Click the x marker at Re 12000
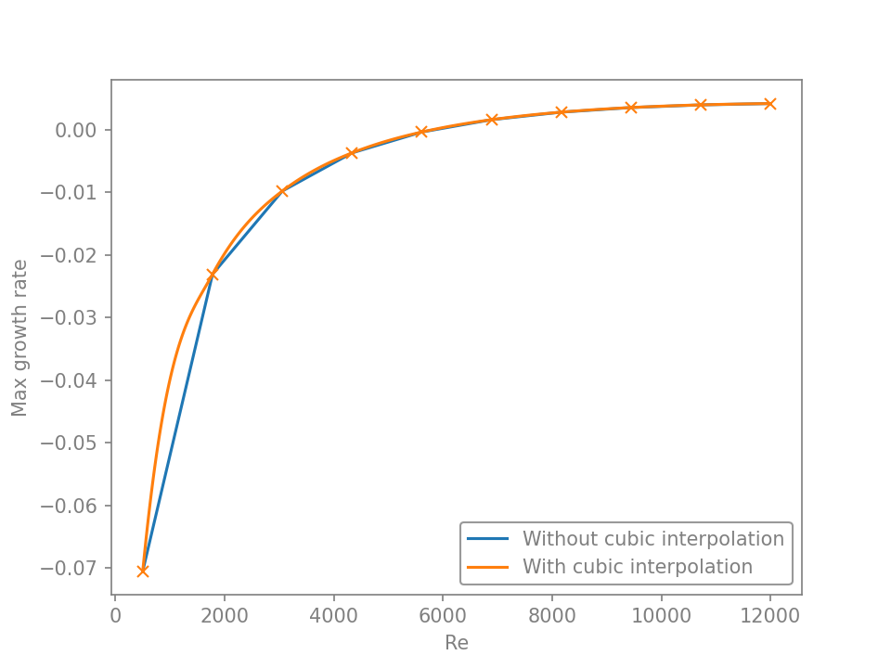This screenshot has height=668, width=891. tap(770, 104)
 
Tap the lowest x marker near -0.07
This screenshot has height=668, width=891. tap(143, 571)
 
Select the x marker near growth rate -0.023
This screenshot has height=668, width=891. tap(213, 275)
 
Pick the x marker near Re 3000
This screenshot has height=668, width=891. tap(282, 191)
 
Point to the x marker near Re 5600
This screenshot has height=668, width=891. tap(421, 132)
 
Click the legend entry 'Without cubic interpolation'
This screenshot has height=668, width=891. tap(652, 539)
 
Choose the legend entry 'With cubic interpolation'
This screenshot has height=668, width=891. tap(637, 567)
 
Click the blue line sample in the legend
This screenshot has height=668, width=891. tap(487, 539)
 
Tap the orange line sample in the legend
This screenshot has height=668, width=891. tap(487, 567)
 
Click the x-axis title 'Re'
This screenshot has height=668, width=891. tap(457, 643)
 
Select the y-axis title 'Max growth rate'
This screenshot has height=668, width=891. tap(19, 338)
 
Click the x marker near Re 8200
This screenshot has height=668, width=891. tap(562, 112)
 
